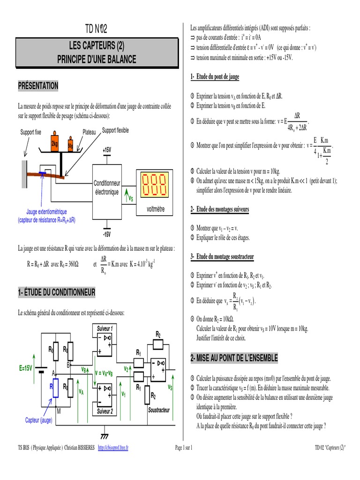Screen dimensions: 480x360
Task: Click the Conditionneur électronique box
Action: click(107, 187)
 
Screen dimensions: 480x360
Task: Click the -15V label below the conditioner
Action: click(107, 233)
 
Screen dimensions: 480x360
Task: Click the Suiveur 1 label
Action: click(105, 328)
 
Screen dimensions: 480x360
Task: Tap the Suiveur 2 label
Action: click(105, 411)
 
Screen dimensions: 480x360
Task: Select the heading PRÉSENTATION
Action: click(38, 85)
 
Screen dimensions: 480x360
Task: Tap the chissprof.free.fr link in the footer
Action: click(112, 448)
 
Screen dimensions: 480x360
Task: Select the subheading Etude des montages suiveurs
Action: click(220, 209)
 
